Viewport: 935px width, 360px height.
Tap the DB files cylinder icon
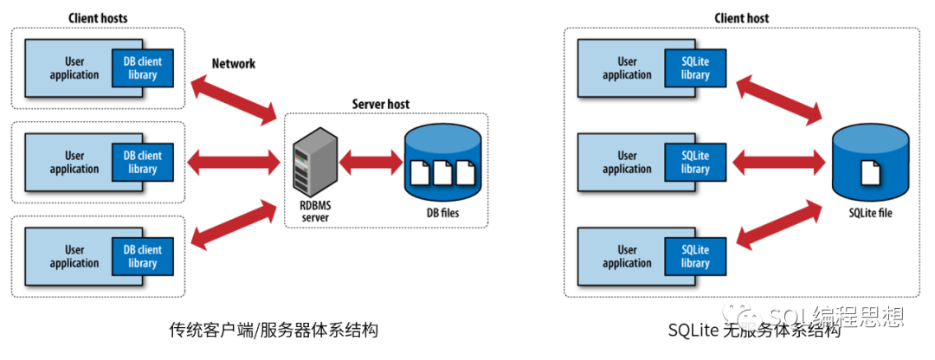coord(442,161)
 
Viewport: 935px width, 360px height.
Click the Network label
coord(234,64)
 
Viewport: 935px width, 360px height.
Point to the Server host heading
coord(380,104)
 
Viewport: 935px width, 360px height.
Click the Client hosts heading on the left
coord(97,17)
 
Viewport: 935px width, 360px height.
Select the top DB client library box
coord(143,68)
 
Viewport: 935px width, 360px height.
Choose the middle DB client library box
coord(143,163)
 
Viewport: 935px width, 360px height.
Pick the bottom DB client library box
coord(143,257)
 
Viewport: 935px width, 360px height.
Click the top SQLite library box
coord(695,68)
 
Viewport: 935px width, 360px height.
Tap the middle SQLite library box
coord(695,163)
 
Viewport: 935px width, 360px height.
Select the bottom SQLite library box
coord(695,257)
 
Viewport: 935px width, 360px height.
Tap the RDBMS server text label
coord(316,212)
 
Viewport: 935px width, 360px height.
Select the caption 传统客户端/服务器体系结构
coord(274,331)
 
